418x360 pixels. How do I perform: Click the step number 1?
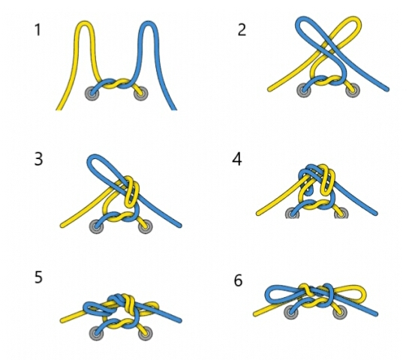tap(38, 30)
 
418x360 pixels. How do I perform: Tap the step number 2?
tap(242, 30)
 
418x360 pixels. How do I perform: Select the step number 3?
tap(39, 159)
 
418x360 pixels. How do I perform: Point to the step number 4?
tap(237, 159)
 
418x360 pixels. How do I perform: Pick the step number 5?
tap(39, 277)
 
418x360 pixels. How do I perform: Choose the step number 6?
tap(238, 280)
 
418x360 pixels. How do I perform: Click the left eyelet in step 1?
tap(92, 94)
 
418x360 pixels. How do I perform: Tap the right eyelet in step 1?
tap(141, 94)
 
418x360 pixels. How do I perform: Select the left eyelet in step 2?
tap(304, 90)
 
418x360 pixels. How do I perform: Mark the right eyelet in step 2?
tap(353, 90)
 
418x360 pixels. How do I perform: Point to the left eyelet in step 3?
tap(97, 226)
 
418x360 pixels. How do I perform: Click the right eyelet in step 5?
tap(146, 333)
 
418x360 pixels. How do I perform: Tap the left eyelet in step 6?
tap(291, 312)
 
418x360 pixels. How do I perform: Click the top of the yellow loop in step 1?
tap(85, 21)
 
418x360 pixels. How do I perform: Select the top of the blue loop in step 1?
tap(149, 21)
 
